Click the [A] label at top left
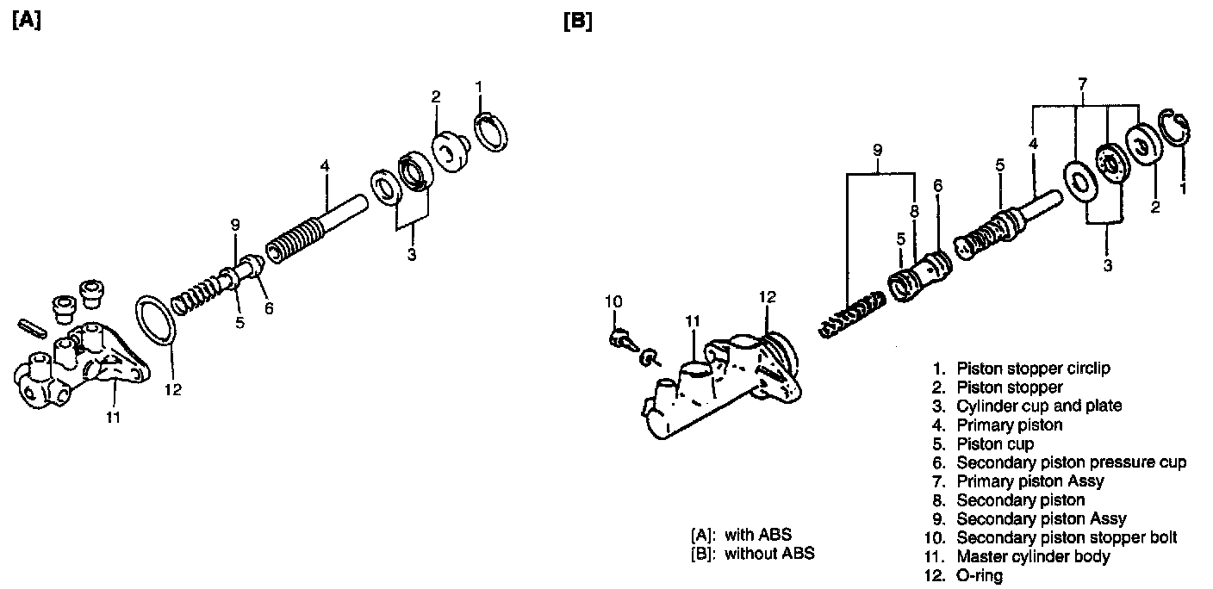pos(27,22)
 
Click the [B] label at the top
pos(577,22)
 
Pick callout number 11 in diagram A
pos(113,418)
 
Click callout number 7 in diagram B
pos(1083,83)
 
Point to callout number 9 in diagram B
pos(878,149)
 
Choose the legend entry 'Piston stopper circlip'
pos(1022,369)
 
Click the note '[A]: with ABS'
pos(741,534)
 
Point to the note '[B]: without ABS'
pos(752,553)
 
